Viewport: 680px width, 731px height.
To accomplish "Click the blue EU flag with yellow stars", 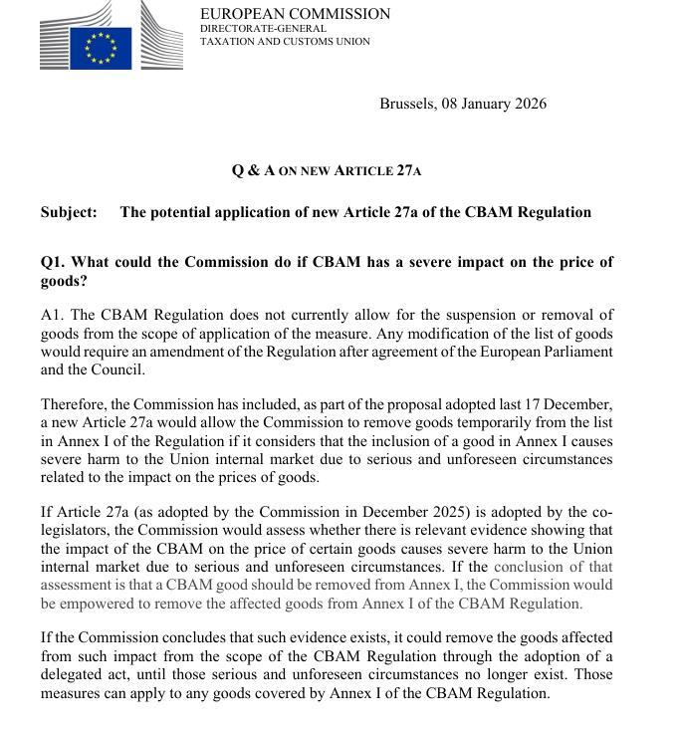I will click(x=101, y=47).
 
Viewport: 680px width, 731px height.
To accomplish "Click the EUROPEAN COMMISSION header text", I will click(x=295, y=14).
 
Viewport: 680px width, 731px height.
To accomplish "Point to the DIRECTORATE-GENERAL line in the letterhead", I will click(x=263, y=29).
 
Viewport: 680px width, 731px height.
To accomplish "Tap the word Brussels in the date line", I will click(x=406, y=104).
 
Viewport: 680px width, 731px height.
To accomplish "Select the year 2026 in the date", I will click(x=529, y=104).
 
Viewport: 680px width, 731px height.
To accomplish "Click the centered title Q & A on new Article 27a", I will click(x=327, y=170).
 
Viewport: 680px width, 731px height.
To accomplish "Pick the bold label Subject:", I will click(x=69, y=212).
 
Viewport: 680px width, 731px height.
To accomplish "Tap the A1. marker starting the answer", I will click(x=54, y=316).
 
